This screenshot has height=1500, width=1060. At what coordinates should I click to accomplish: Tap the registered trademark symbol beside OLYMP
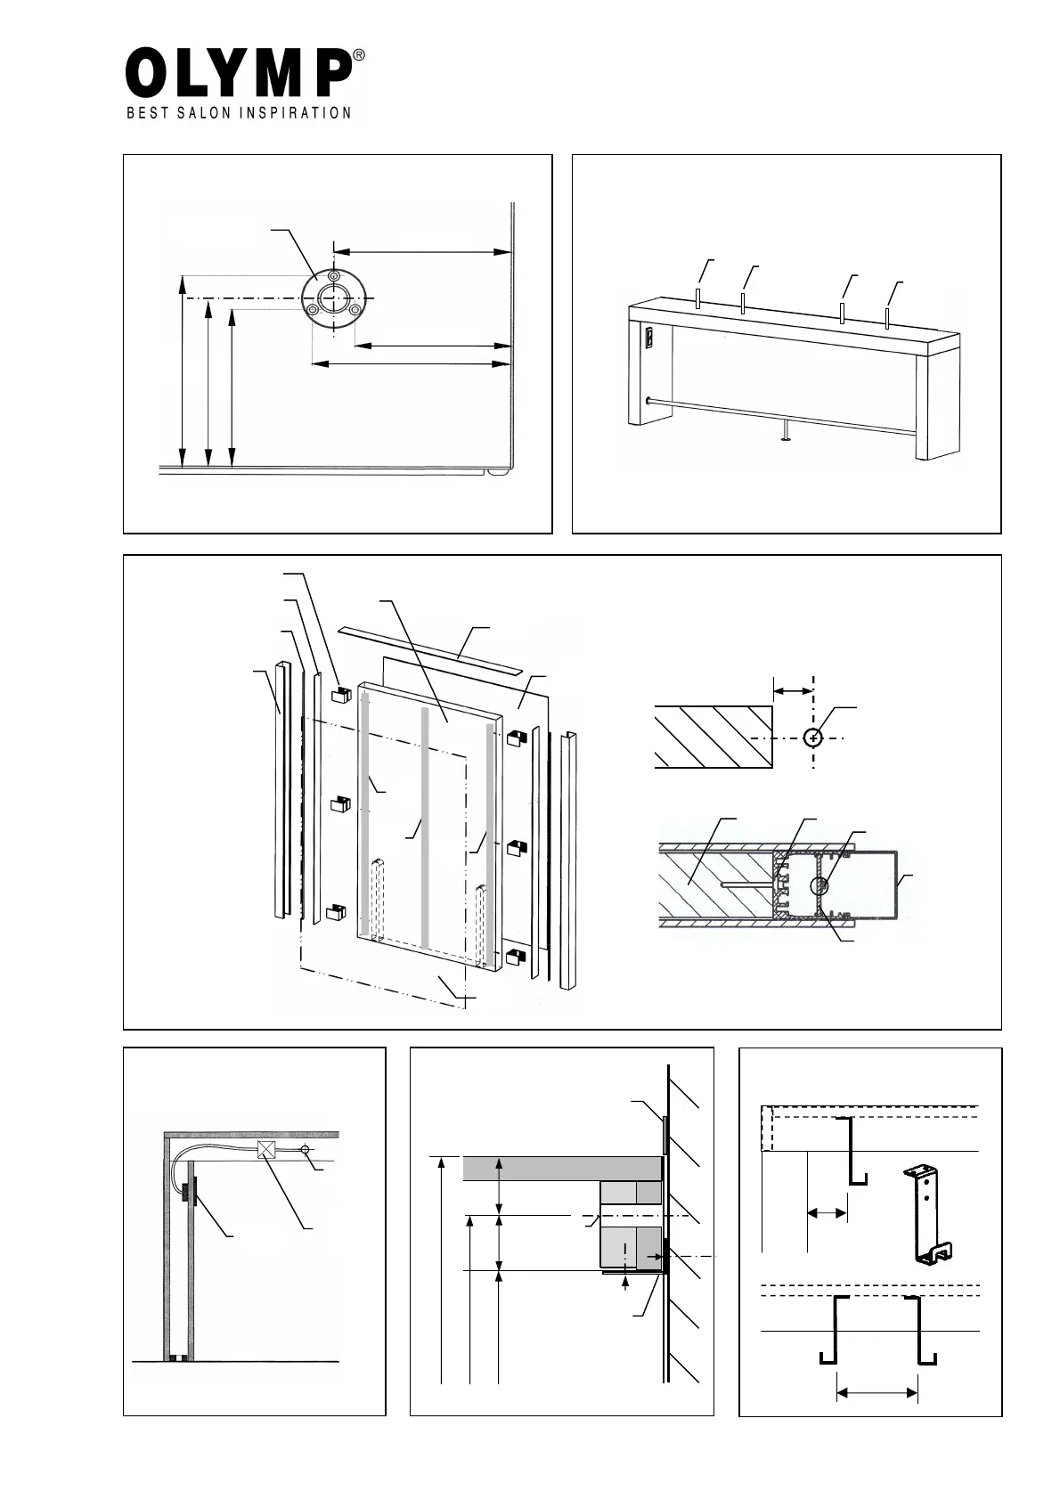(359, 55)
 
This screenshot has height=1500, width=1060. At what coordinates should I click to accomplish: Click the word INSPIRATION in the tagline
(294, 113)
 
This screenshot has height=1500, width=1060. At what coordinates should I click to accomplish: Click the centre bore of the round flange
(333, 298)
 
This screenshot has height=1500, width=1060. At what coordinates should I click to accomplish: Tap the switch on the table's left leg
(648, 338)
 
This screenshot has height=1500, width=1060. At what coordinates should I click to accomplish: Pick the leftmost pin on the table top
(698, 298)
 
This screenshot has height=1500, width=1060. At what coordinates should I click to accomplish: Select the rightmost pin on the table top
(887, 319)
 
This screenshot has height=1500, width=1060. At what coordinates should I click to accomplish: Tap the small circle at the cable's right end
(306, 1151)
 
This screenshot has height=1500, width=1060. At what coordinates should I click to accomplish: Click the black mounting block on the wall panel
(189, 1190)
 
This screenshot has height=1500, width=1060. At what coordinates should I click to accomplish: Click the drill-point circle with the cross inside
(813, 738)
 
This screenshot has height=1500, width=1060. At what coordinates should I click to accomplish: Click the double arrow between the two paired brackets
(877, 1392)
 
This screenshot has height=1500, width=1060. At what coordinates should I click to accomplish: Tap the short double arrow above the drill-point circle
(793, 690)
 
